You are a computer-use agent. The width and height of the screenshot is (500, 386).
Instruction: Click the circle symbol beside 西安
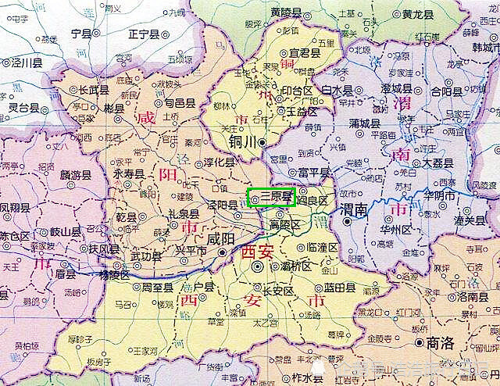257,266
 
